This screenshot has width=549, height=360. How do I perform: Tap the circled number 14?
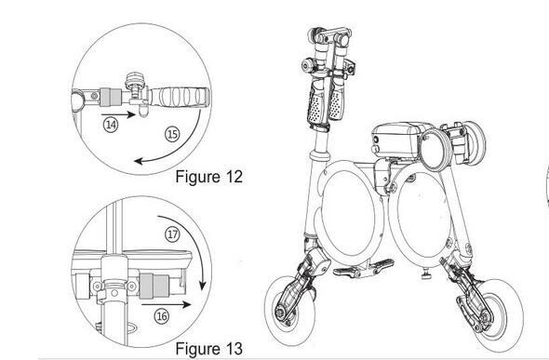point(112,123)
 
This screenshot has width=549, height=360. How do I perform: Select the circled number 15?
point(172,135)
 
